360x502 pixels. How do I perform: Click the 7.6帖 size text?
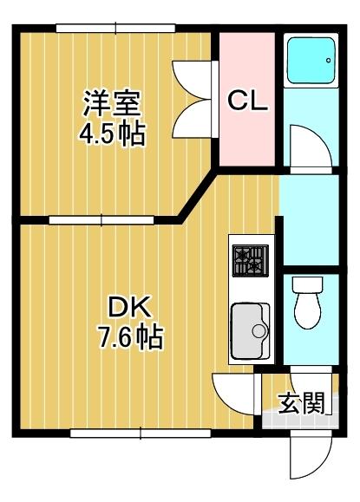[x=130, y=336]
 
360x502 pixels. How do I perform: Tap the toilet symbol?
[x=308, y=303]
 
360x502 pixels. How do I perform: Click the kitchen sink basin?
[x=248, y=330]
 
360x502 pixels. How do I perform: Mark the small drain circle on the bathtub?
[x=328, y=60]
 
